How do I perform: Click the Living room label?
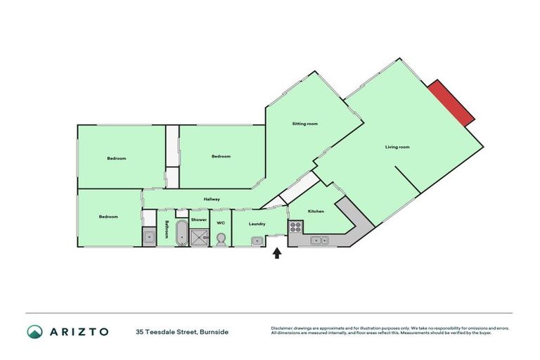click(397, 147)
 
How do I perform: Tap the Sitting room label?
click(305, 124)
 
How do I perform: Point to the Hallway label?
click(212, 200)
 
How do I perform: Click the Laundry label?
click(257, 224)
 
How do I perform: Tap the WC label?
click(220, 224)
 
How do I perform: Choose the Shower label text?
click(199, 220)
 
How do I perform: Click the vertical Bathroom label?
click(167, 230)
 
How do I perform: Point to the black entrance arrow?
click(277, 252)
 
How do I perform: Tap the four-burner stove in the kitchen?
click(296, 227)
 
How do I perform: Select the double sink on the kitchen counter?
click(320, 241)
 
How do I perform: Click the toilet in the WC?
click(221, 239)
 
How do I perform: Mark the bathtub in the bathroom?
click(181, 233)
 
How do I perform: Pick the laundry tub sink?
click(257, 241)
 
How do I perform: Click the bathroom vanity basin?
click(149, 238)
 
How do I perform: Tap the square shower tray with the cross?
click(200, 237)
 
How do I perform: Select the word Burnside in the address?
click(214, 331)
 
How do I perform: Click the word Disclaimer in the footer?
click(282, 328)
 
